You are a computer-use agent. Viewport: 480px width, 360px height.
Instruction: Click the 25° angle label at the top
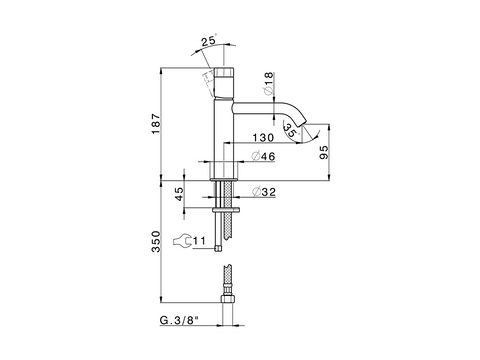pos(209,40)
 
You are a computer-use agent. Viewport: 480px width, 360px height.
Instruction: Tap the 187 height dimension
pos(156,124)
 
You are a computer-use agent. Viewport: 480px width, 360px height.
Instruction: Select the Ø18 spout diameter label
pos(268,83)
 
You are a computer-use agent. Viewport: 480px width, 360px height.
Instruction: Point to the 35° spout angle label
pos(290,130)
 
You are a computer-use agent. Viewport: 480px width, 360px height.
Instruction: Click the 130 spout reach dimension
pos(263,138)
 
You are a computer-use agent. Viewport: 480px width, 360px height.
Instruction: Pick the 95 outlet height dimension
pos(324,152)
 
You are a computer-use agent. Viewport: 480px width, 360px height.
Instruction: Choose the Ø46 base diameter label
pos(264,156)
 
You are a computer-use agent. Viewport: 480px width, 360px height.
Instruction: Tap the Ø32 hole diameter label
pos(264,192)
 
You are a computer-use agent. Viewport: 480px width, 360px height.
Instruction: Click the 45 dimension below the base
pos(179,194)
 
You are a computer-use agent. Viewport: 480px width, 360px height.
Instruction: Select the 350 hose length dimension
pos(156,241)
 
